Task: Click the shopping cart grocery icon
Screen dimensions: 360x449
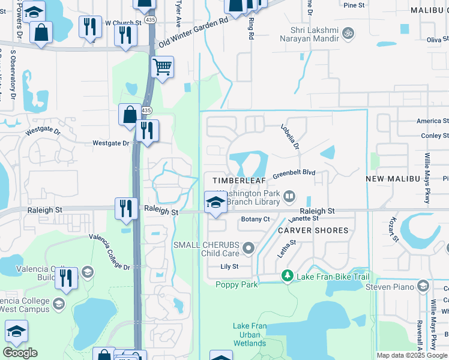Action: pos(162,67)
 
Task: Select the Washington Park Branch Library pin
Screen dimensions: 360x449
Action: pos(289,196)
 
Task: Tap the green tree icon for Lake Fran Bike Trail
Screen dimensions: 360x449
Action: pos(288,276)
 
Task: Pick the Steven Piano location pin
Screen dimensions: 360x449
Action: pos(423,286)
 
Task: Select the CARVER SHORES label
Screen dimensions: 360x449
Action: pos(313,230)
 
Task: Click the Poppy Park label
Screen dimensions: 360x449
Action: pos(237,284)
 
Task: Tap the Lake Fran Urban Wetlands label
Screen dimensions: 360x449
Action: pos(249,334)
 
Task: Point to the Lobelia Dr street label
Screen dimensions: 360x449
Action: pos(290,136)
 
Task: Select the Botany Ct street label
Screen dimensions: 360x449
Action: pos(255,220)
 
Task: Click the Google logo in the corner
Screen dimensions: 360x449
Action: pos(20,353)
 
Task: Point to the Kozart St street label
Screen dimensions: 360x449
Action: pos(394,229)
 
